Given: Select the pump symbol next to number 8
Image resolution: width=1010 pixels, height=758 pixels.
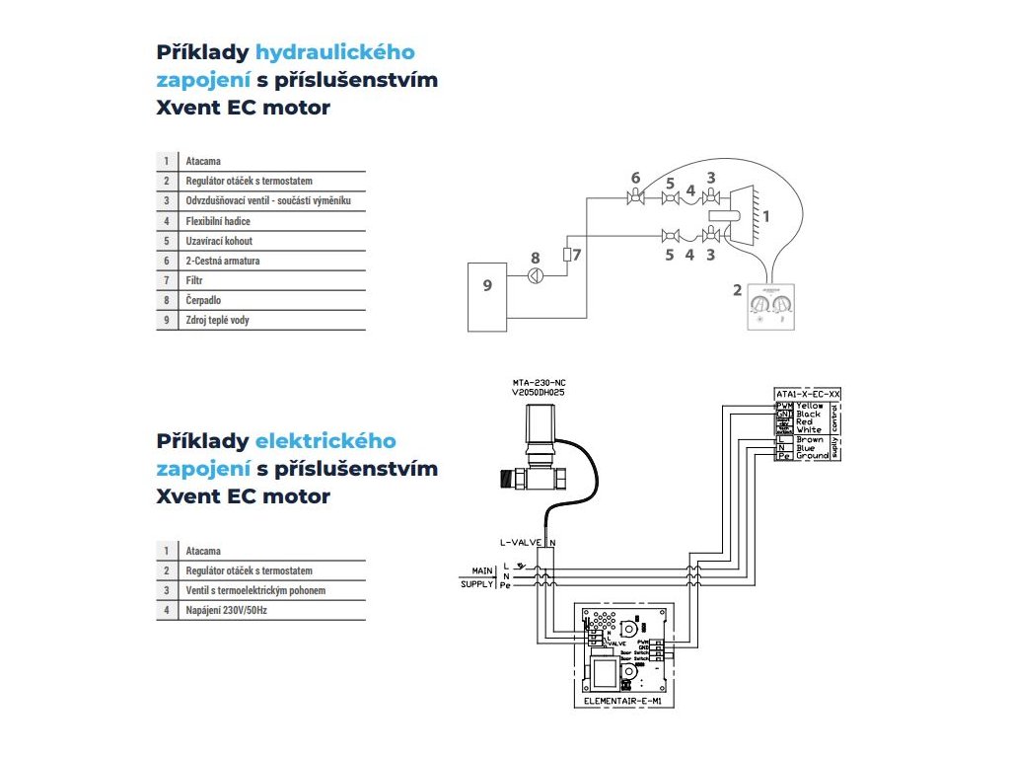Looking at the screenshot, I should click(536, 275).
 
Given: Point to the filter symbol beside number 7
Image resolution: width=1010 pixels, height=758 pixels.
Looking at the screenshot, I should click(567, 255).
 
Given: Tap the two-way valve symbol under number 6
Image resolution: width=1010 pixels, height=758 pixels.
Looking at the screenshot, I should click(635, 200).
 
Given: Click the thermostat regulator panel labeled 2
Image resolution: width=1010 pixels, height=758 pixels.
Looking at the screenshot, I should click(769, 305).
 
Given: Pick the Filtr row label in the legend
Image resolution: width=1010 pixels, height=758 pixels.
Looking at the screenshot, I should click(195, 280).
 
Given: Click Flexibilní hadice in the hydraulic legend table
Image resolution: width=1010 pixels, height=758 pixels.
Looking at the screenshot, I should click(219, 221).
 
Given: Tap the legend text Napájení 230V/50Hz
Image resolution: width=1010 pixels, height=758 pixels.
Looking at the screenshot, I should click(226, 610).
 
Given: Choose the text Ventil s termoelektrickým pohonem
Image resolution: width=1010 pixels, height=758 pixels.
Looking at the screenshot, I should click(255, 590).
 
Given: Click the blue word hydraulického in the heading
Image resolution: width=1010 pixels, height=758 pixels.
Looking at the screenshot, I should click(335, 52).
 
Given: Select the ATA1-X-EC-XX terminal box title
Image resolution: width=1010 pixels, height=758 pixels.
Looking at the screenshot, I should click(808, 395).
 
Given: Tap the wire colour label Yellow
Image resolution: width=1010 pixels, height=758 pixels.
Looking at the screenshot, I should click(810, 406).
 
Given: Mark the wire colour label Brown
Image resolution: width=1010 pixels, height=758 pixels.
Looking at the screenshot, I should click(809, 440).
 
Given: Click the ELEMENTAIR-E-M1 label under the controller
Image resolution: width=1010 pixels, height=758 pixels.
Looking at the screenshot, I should click(623, 701).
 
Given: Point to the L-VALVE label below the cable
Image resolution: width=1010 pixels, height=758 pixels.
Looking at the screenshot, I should click(522, 542).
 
